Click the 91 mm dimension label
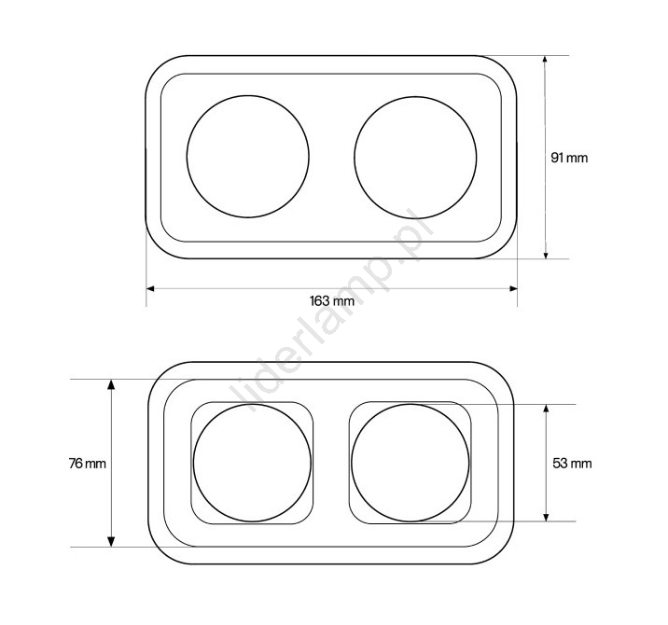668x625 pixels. tap(569, 158)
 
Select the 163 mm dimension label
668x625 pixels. tap(332, 301)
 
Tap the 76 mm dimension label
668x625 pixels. tap(88, 463)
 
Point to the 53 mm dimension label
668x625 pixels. tap(572, 463)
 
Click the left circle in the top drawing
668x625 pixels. tap(187, 157)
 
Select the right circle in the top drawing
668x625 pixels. tap(355, 158)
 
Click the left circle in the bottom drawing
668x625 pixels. tap(194, 463)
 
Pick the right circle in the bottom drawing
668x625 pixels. tap(352, 463)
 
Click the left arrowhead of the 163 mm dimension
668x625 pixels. tap(150, 289)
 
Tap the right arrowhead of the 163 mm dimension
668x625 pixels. tap(513, 289)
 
